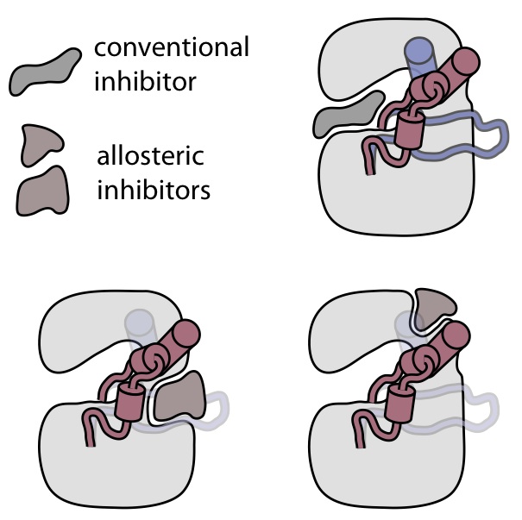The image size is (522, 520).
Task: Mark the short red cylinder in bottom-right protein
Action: (x=402, y=403)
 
